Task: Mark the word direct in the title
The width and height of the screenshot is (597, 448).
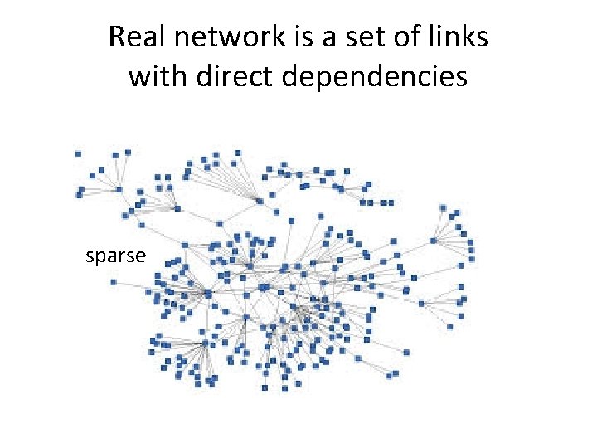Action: click(235, 76)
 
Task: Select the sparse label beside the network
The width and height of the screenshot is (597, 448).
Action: click(116, 256)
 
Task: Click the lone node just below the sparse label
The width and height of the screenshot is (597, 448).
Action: click(114, 282)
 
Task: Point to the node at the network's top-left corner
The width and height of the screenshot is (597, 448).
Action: click(78, 153)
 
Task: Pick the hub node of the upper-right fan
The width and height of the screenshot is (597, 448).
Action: click(433, 241)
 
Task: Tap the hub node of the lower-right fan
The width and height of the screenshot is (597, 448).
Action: click(421, 304)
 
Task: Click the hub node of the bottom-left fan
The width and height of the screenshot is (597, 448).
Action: click(205, 343)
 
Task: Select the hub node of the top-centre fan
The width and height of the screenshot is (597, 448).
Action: click(260, 201)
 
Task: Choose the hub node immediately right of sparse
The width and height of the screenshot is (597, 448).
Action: click(207, 293)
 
